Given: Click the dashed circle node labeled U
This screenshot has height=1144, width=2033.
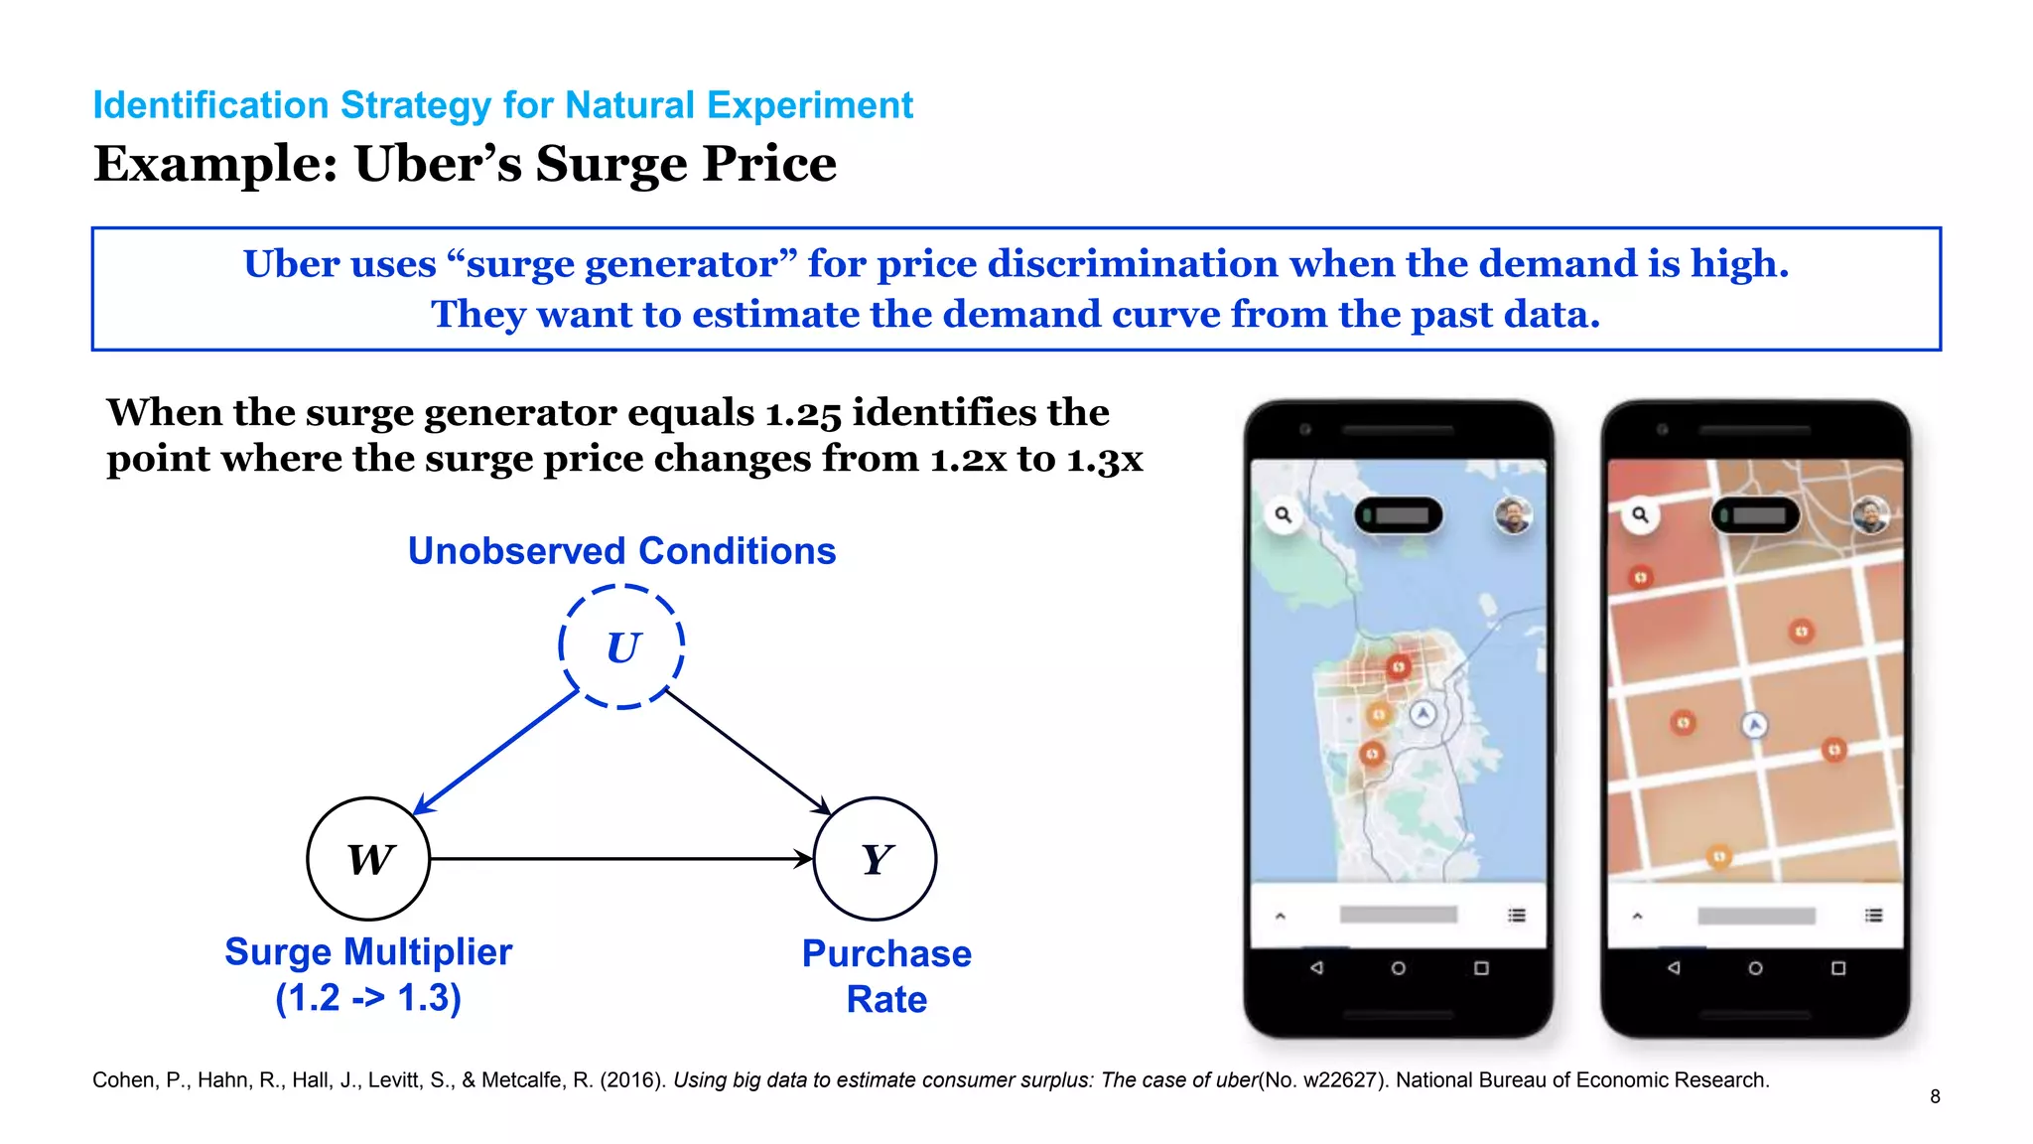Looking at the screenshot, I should coord(621,646).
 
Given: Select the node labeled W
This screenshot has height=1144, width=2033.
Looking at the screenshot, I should coord(368,859).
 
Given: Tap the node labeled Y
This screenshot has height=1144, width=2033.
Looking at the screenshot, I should coord(875,859).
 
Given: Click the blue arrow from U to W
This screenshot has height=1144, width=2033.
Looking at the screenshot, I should coord(495,752).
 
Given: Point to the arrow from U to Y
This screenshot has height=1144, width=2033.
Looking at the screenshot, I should coord(747,752).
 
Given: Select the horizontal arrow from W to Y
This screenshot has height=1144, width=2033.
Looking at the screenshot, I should coord(621,859).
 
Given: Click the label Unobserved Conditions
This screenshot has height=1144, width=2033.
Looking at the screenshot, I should coord(621,551).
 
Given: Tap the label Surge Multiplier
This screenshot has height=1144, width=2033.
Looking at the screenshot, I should coord(368,952).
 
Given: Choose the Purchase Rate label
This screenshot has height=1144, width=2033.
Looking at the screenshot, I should coord(886,976).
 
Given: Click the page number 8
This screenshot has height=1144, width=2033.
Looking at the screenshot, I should coord(1935,1096).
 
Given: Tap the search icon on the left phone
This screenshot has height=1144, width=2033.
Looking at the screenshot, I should coord(1284,514).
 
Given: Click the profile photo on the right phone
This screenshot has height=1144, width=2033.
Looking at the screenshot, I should coord(1870,514).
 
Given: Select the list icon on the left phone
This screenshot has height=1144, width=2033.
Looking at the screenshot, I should coord(1517,915).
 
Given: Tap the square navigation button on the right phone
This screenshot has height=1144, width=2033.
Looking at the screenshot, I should coord(1838,968).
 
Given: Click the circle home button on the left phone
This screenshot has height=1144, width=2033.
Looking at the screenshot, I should coord(1398,968).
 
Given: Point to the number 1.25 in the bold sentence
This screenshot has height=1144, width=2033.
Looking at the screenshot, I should coord(803,413).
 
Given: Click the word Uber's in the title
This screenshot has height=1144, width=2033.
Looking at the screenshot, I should coord(438,164).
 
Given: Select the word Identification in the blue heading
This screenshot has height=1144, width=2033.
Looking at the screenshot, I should coord(210,105).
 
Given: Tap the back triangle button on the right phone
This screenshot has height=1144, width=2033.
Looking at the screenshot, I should coord(1674,968).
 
